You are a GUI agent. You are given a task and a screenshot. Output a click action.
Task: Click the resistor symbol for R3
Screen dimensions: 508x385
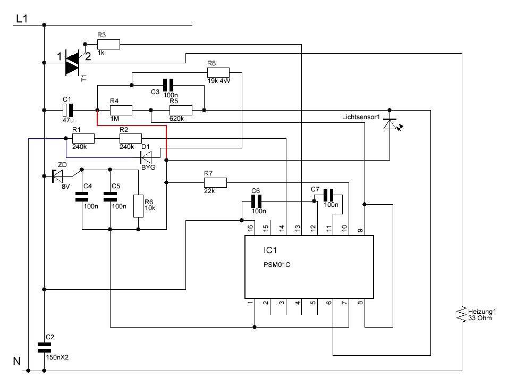pyautogui.click(x=108, y=44)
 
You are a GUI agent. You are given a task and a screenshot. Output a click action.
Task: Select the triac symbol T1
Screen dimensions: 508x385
pyautogui.click(x=72, y=63)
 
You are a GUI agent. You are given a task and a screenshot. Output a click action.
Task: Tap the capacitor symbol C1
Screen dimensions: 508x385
pyautogui.click(x=67, y=110)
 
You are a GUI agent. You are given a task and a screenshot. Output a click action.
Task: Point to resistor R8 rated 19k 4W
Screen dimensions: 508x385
pyautogui.click(x=218, y=73)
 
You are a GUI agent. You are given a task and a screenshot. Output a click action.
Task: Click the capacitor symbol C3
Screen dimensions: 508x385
pyautogui.click(x=168, y=85)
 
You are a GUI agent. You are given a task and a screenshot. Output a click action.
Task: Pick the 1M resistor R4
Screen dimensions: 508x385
pyautogui.click(x=121, y=110)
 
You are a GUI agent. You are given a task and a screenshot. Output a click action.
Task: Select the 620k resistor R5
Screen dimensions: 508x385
pyautogui.click(x=181, y=110)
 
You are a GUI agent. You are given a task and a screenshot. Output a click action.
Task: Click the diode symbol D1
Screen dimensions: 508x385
pyautogui.click(x=146, y=157)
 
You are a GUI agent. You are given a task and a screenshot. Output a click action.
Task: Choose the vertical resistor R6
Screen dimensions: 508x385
pyautogui.click(x=138, y=206)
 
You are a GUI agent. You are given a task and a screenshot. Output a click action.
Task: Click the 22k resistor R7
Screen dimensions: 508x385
pyautogui.click(x=215, y=182)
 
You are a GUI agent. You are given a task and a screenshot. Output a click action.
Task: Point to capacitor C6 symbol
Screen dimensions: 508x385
pyautogui.click(x=256, y=202)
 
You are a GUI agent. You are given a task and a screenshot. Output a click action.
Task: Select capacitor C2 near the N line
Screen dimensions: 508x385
pyautogui.click(x=45, y=347)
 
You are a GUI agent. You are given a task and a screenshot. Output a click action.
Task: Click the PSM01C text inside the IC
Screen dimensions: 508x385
pyautogui.click(x=277, y=265)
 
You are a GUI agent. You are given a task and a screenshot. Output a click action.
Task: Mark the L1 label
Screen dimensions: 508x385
pyautogui.click(x=22, y=19)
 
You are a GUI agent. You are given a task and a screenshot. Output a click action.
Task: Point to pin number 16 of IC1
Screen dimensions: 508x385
pyautogui.click(x=250, y=228)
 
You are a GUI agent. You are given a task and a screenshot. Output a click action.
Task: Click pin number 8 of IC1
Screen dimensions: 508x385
pyautogui.click(x=360, y=303)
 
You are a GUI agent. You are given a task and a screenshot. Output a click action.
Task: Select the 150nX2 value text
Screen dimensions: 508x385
pyautogui.click(x=57, y=357)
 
